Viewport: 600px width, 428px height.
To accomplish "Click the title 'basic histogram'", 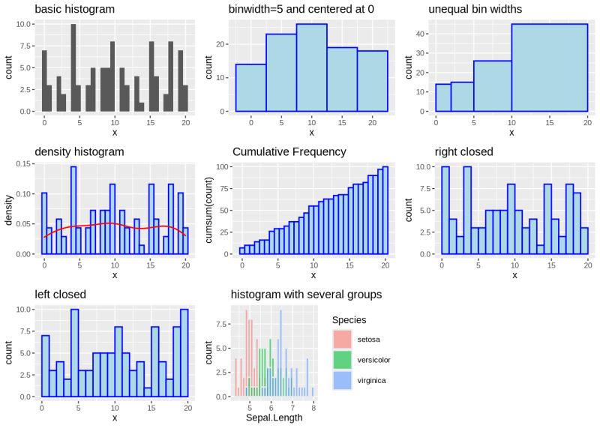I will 75,9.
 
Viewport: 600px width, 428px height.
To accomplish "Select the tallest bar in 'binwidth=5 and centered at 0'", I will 311,67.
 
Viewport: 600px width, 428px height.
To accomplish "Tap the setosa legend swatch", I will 342,340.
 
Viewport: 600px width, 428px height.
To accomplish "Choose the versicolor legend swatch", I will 342,361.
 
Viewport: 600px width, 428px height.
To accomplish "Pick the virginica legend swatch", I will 342,381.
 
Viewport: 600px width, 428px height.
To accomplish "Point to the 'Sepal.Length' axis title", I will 274,418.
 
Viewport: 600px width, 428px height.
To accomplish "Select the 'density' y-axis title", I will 9,208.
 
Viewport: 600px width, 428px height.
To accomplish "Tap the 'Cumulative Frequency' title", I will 289,152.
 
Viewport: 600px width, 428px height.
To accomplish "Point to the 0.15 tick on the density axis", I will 23,163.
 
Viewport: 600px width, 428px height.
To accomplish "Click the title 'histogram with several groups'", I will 306,294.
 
